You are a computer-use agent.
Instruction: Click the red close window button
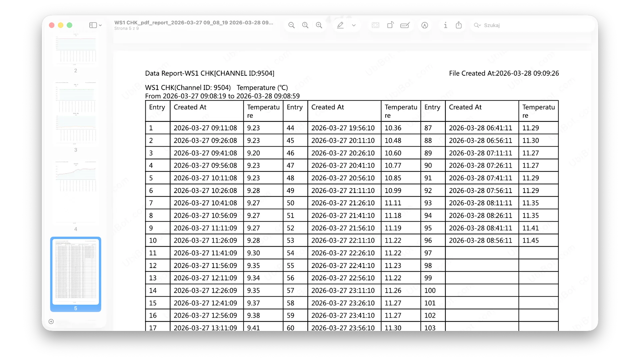52,25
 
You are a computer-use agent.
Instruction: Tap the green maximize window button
69,25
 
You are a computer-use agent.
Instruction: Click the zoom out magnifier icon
291,25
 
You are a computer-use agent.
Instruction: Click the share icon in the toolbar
459,25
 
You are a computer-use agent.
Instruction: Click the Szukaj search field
492,25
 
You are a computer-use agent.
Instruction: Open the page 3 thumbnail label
76,150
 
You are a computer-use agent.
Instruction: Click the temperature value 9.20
253,153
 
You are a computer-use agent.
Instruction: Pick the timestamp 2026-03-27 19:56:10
343,128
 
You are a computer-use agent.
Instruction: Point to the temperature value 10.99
393,191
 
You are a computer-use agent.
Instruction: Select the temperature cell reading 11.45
530,240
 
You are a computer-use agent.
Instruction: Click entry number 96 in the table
428,240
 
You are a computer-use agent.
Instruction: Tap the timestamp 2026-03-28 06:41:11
480,128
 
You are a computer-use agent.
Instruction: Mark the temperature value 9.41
253,328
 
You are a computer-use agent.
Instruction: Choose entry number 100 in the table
430,290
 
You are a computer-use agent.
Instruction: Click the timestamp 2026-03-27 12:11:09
205,278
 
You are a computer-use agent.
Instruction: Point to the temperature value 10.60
393,153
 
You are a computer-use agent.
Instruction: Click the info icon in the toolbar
445,25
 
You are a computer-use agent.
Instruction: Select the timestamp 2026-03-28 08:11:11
480,203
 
